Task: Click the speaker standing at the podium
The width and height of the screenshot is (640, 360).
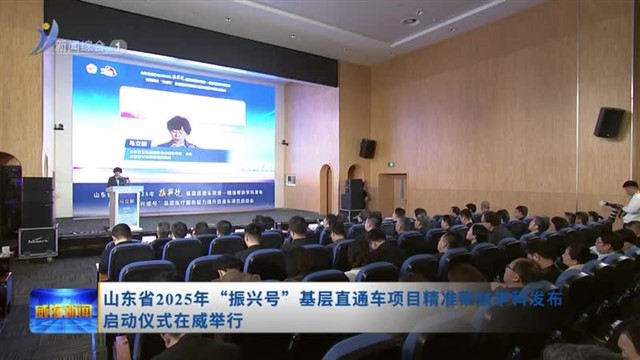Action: [119, 178]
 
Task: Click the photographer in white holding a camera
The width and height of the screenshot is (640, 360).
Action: [630, 204]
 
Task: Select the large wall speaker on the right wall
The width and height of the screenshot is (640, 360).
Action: [608, 122]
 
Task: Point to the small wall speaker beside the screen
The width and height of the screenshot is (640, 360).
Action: [367, 148]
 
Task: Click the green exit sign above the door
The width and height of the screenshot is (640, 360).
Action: [391, 165]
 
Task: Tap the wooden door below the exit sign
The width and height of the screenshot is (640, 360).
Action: [391, 195]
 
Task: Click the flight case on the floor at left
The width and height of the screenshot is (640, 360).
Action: [37, 241]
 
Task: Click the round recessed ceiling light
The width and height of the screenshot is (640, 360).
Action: [410, 20]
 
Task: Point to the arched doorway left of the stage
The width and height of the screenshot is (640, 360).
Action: [325, 188]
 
